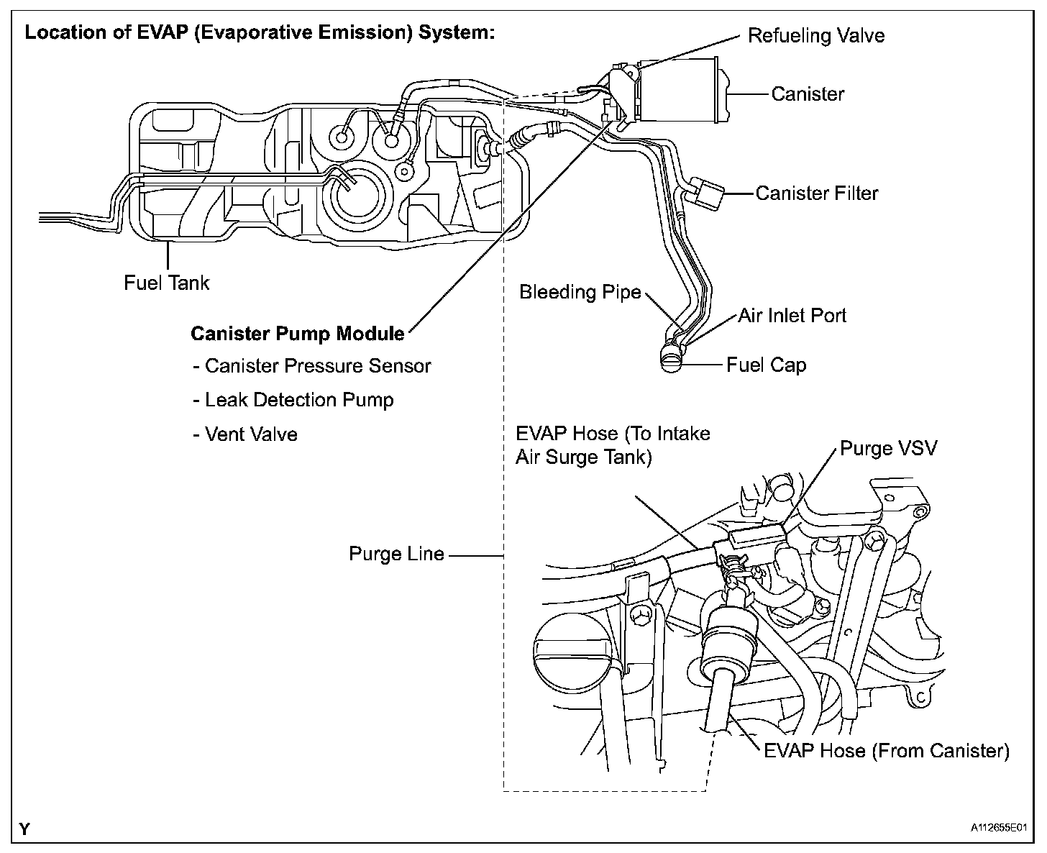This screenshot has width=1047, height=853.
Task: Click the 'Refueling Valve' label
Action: click(815, 36)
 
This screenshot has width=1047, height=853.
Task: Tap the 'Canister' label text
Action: click(808, 93)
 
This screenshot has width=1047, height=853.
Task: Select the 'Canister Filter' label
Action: click(817, 193)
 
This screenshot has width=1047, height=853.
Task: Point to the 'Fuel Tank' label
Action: click(166, 283)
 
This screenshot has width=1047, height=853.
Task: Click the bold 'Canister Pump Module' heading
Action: click(298, 334)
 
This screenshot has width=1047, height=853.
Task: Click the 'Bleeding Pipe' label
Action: click(580, 292)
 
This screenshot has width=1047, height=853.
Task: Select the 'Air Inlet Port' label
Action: click(792, 316)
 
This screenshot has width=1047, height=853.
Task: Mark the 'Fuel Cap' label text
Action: click(766, 365)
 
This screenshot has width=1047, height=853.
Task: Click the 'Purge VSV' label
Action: click(889, 449)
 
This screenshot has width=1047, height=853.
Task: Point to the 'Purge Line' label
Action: click(396, 555)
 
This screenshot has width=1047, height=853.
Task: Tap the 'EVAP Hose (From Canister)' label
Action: click(886, 751)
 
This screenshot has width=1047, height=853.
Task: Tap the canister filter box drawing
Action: click(709, 193)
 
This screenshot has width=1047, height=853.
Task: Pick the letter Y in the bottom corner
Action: click(25, 829)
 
